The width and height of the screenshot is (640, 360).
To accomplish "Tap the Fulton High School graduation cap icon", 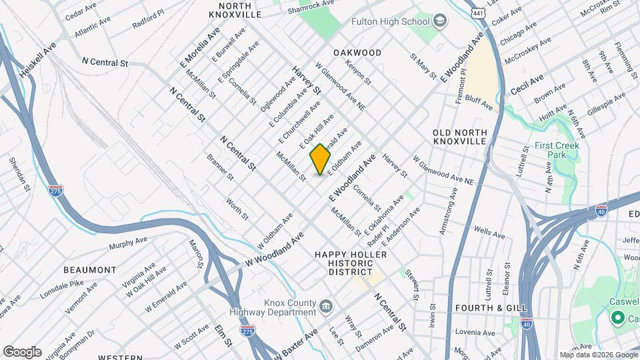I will tap(440, 21).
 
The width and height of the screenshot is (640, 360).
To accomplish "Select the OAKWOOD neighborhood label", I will tap(357, 53).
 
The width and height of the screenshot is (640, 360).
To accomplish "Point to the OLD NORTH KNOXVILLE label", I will tap(460, 137).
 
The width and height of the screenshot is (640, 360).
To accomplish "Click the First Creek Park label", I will tap(557, 150).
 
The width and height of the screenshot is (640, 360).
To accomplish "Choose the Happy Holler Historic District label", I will tap(343, 263).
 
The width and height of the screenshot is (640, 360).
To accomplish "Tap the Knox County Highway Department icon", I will tap(325, 307).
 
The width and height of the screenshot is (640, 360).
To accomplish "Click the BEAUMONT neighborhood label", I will tap(90, 270).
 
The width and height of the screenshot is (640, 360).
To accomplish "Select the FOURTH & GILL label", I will tap(491, 308).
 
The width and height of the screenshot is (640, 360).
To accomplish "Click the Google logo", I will tap(22, 351).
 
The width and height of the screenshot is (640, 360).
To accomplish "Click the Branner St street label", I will tap(220, 169).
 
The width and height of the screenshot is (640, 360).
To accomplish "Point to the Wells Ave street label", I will tap(490, 233).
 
